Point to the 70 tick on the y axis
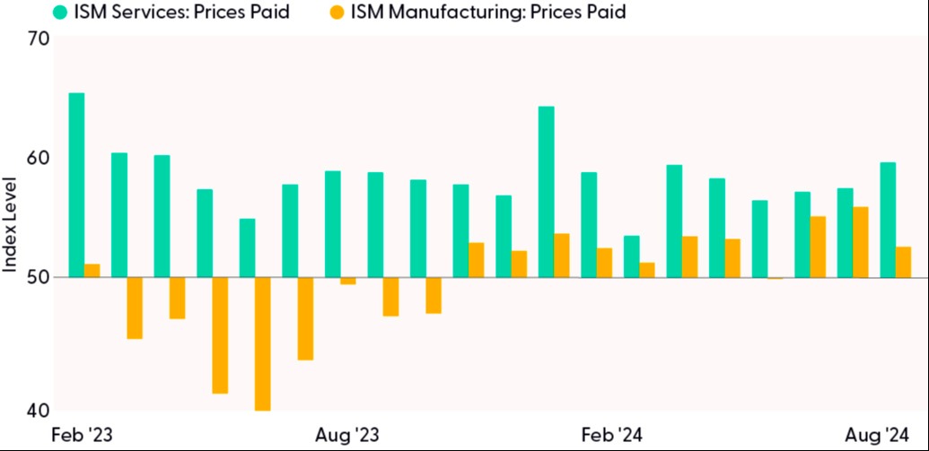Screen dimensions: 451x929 (x=39, y=39)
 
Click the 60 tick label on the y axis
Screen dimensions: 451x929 (x=39, y=159)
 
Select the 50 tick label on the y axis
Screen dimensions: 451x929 (x=39, y=278)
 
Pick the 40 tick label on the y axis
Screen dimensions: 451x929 (x=39, y=411)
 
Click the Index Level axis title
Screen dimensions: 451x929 (x=11, y=225)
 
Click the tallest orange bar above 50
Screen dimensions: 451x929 (x=861, y=242)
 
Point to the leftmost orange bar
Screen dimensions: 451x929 (x=92, y=271)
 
